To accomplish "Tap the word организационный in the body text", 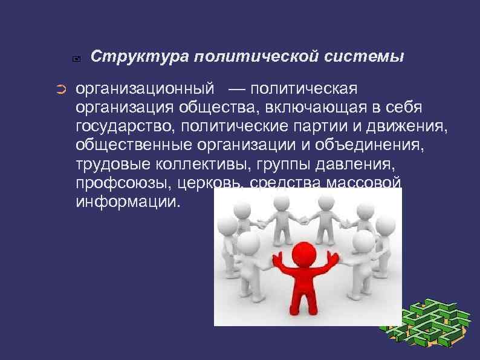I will point(145,89).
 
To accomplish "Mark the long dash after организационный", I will point(238,90).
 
